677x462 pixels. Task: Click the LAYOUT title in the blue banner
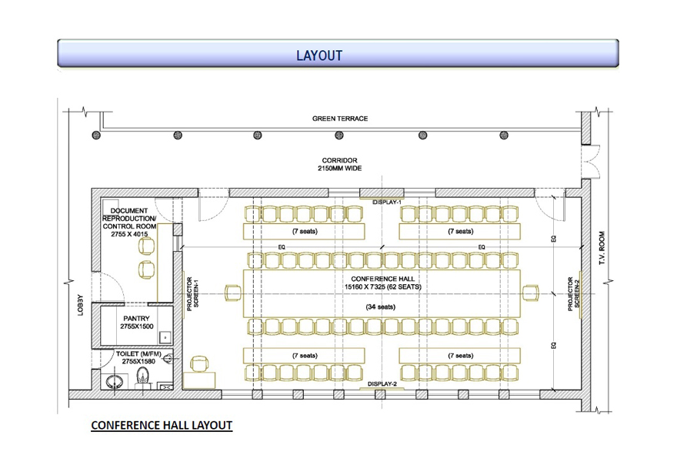point(318,55)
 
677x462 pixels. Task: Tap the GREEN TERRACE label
point(340,119)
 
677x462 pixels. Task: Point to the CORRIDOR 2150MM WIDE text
point(340,164)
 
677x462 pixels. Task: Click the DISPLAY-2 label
point(382,383)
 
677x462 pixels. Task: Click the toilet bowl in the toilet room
point(143,375)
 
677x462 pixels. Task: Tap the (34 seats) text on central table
point(381,307)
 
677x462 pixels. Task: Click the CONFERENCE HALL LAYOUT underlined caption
point(161,425)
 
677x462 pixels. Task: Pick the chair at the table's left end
point(232,293)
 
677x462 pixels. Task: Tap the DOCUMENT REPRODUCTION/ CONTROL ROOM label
point(129,223)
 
